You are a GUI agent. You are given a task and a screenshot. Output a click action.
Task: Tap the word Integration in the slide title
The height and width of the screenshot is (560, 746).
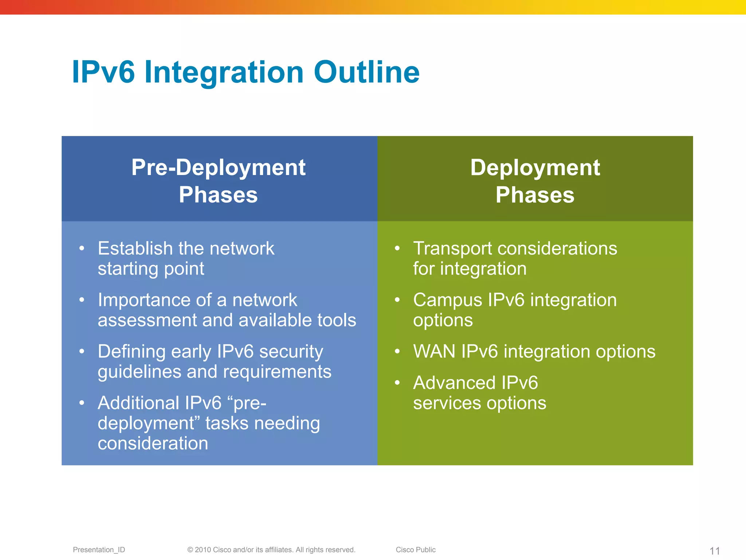(224, 73)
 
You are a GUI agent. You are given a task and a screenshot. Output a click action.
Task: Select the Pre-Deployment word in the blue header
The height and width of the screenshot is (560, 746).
(218, 168)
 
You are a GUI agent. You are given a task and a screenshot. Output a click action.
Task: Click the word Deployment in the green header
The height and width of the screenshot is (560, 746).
(535, 168)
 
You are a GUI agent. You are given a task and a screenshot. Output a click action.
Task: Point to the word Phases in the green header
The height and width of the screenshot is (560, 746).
(535, 195)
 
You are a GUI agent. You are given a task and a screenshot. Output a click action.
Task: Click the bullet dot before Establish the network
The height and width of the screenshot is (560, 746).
(82, 249)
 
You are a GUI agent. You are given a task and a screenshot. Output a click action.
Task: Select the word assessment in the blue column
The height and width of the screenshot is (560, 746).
(147, 320)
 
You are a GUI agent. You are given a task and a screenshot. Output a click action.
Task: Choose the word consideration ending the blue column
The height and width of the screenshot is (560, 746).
(153, 443)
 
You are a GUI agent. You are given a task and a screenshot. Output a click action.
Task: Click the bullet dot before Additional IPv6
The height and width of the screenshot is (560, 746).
(82, 403)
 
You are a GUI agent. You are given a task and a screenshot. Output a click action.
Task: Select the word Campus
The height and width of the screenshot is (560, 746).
(447, 300)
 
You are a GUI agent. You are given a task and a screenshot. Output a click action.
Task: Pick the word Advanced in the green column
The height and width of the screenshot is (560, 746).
(454, 383)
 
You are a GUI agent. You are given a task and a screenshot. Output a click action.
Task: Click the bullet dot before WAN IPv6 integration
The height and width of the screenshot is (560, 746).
(397, 352)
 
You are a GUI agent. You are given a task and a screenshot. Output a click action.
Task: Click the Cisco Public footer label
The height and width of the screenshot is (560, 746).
(416, 550)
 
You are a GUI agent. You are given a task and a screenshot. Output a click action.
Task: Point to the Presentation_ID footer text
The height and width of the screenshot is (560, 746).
(99, 550)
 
